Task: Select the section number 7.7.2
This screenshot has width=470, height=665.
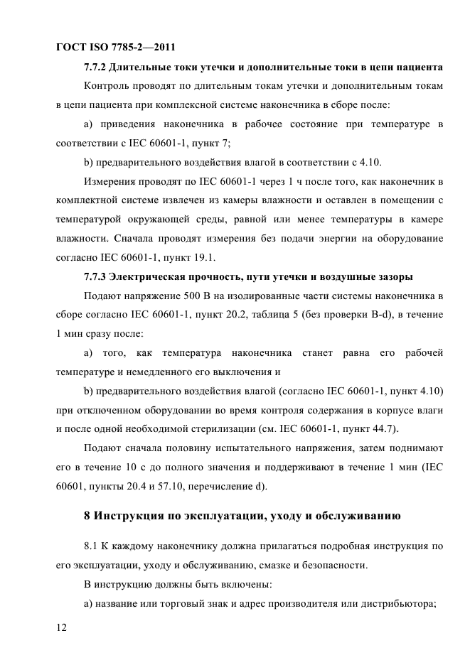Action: (95, 68)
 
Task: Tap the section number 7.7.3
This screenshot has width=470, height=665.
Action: (95, 276)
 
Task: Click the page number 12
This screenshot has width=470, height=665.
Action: (62, 627)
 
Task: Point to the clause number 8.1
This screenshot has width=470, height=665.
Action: (92, 547)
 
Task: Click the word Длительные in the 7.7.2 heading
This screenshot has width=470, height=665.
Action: (141, 68)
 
